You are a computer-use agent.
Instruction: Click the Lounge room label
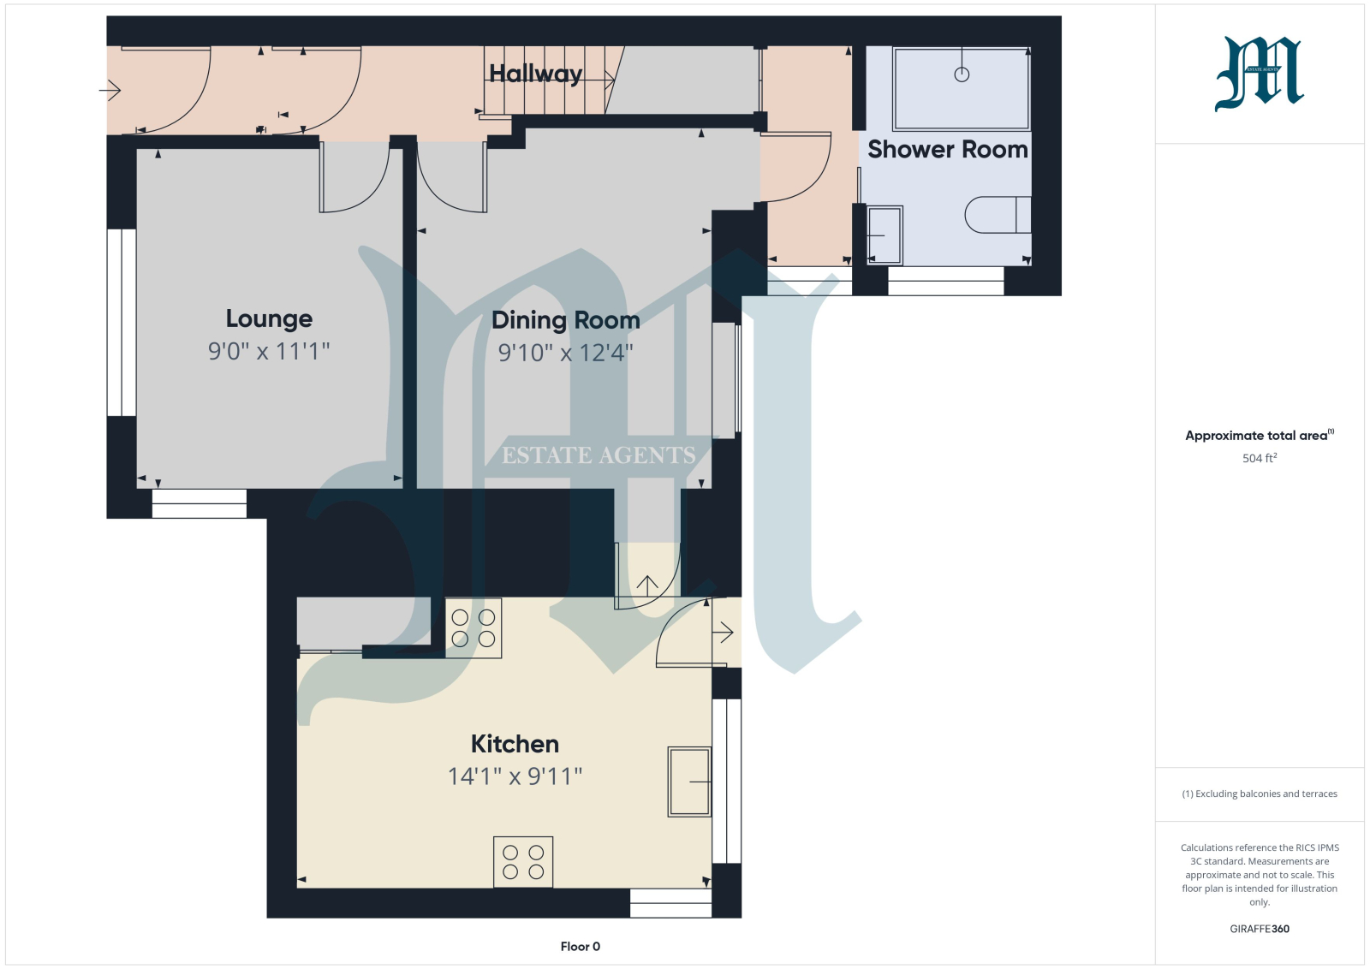tap(269, 318)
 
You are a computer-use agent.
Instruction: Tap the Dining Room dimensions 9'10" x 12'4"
tap(565, 353)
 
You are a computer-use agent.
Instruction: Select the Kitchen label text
tap(515, 744)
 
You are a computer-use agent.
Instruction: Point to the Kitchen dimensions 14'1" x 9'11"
tap(515, 776)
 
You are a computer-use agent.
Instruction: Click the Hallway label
tap(536, 74)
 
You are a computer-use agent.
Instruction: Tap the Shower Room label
tap(948, 149)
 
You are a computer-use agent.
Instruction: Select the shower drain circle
tap(962, 74)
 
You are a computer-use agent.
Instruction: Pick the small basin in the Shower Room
tap(885, 235)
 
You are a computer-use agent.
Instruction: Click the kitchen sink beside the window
tap(689, 782)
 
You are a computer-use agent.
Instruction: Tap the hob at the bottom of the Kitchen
tap(523, 862)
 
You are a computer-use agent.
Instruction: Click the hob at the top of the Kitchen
tap(474, 627)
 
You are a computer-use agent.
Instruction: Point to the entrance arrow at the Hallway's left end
tap(110, 91)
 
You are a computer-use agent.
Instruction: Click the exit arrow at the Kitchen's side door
tap(723, 632)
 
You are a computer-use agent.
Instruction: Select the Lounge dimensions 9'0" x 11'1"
tap(269, 352)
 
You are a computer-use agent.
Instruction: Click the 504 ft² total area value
tap(1260, 458)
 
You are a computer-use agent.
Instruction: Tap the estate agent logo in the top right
tap(1260, 74)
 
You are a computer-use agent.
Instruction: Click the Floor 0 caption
tap(581, 947)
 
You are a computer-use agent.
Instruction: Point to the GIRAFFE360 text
tap(1260, 929)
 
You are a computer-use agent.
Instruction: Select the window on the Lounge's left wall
tap(122, 323)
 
